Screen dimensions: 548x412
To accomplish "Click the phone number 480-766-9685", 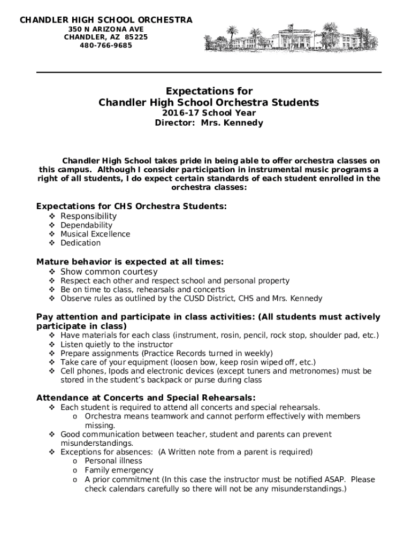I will (106, 45).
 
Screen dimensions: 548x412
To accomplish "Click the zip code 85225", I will (136, 37).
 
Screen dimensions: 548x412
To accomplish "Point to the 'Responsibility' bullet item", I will (88, 216).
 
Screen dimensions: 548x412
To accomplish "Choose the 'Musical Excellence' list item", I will (95, 234).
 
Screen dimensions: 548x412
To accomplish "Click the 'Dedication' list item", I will (80, 243).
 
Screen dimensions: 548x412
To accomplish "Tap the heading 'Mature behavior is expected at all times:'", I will (129, 262).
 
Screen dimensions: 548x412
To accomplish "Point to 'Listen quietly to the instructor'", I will (117, 345).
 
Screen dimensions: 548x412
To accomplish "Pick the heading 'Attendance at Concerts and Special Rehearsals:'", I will (146, 398).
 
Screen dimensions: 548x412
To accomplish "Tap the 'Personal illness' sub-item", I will (113, 461).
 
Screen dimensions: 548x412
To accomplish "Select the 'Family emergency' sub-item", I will (119, 470).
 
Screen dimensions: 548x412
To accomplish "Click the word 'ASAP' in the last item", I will (334, 479).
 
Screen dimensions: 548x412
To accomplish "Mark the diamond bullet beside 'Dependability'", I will (52, 225).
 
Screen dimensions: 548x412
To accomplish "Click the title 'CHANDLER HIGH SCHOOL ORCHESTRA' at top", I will (106, 20).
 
